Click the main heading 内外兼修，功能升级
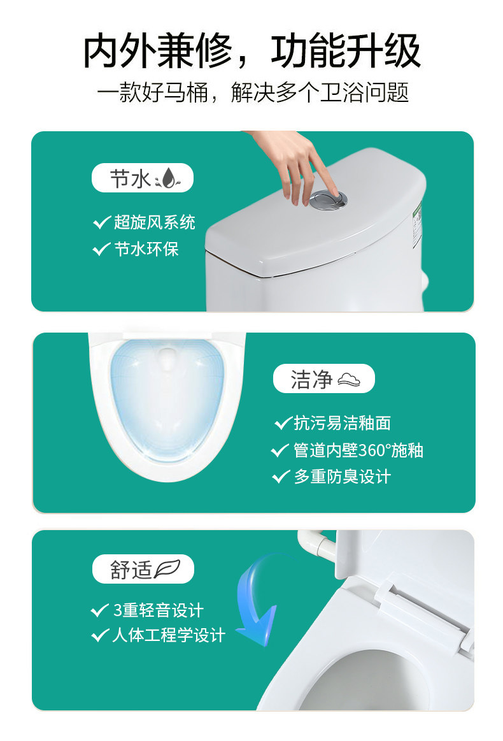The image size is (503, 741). [251, 51]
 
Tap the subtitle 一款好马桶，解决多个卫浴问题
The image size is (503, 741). [253, 92]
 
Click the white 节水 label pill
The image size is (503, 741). [143, 178]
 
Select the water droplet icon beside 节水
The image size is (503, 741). [168, 178]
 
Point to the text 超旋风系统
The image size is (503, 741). [155, 222]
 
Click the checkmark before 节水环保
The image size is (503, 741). [101, 248]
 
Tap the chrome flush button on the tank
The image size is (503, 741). [329, 199]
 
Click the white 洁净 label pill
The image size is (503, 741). [324, 378]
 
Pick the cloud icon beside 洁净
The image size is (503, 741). [348, 379]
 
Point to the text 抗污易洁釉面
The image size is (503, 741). [343, 423]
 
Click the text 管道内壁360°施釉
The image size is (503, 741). [358, 450]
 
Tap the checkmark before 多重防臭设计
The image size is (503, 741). [281, 477]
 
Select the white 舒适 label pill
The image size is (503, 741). [143, 569]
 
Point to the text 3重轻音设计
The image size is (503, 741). [158, 610]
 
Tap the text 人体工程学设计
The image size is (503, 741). [169, 635]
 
